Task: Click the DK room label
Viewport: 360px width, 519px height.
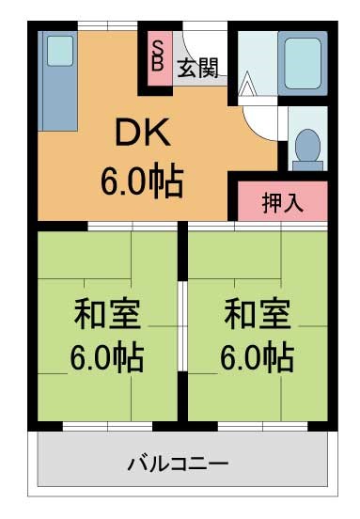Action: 143,132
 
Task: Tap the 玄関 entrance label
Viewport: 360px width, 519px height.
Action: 198,69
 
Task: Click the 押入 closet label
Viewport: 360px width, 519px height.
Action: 282,202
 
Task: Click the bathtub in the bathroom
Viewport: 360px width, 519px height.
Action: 303,64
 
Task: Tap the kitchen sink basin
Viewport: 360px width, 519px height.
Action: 60,51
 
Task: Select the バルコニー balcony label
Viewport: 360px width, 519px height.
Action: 178,464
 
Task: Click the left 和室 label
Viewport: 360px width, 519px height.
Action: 107,314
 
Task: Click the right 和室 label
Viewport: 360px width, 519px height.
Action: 258,314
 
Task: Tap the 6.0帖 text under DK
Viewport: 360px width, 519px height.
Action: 142,181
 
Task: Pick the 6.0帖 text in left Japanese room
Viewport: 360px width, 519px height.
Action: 107,357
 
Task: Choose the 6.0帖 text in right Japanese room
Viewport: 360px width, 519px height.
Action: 258,357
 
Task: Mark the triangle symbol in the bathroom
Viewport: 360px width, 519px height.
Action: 246,83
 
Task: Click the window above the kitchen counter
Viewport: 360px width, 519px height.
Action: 107,25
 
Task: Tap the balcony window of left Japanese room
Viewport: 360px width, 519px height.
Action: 107,426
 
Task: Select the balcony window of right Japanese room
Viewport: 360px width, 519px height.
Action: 263,426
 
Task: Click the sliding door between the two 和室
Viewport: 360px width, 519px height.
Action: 182,326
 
